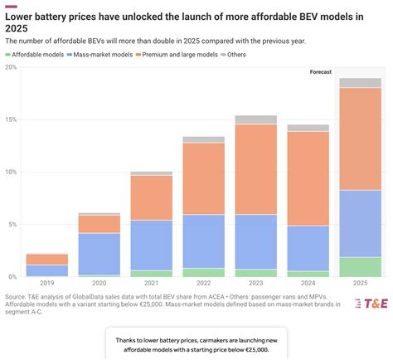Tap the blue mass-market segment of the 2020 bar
pos(99,254)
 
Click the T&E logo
pos(366,304)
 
